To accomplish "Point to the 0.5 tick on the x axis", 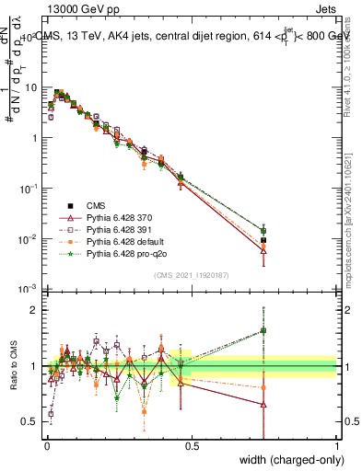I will click(x=192, y=445).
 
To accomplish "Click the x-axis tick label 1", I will click(x=336, y=445).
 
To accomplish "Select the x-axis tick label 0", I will click(x=47, y=445).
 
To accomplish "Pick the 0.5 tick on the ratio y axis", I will click(x=30, y=421).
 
